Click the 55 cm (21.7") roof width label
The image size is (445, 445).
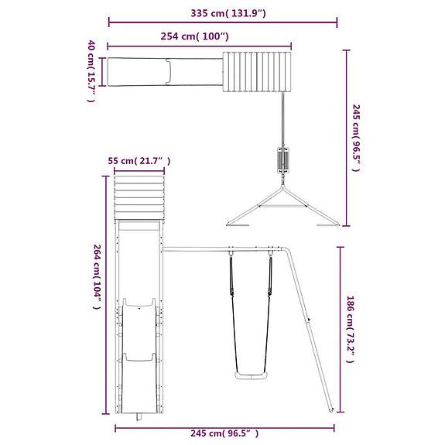point(139,161)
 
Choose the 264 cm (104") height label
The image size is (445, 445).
point(97,276)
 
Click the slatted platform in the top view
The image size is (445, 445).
point(258,71)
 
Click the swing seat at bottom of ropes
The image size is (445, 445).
point(252,376)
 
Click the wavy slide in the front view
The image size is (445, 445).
point(140,348)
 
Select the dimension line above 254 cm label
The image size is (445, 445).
point(199,46)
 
